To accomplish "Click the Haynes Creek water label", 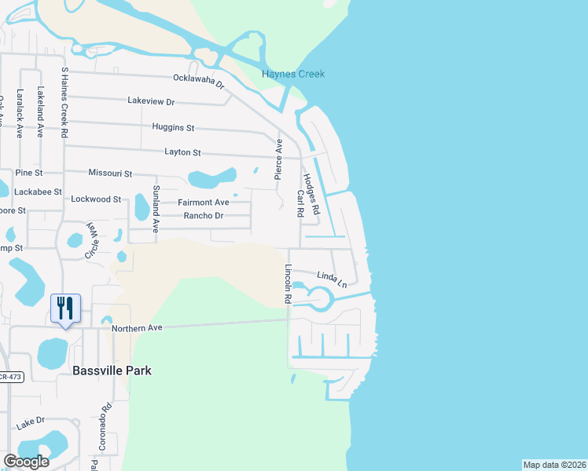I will pyautogui.click(x=292, y=75).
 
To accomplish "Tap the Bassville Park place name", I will pyautogui.click(x=111, y=370).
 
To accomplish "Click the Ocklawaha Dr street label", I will pyautogui.click(x=199, y=79).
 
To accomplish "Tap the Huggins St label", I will pyautogui.click(x=174, y=127).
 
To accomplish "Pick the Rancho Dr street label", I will pyautogui.click(x=204, y=216).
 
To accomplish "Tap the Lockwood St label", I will pyautogui.click(x=96, y=199).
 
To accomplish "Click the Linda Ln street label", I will pyautogui.click(x=332, y=279).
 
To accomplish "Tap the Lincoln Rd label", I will pyautogui.click(x=288, y=284).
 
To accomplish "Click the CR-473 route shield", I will pyautogui.click(x=11, y=378).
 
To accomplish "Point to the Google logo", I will pyautogui.click(x=26, y=462).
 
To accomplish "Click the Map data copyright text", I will pyautogui.click(x=554, y=465).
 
